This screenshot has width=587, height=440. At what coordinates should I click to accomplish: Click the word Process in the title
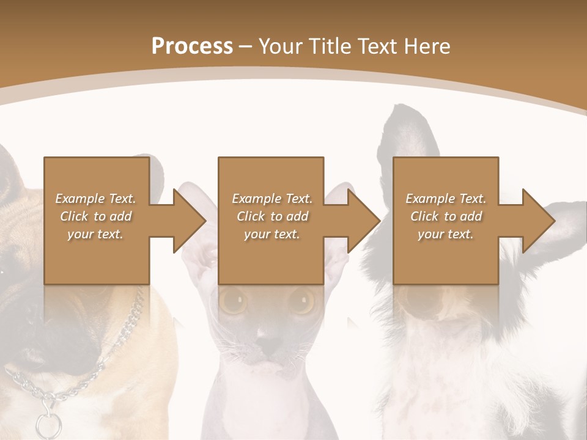tap(192, 46)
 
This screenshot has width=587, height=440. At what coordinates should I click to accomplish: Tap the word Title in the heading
tap(331, 46)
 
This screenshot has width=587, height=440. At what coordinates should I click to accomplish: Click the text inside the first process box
tap(95, 216)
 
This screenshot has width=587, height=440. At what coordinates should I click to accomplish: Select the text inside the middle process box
tap(272, 216)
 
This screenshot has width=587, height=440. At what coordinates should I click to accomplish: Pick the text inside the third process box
tap(446, 216)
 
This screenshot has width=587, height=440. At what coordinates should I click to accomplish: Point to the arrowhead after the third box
tap(538, 221)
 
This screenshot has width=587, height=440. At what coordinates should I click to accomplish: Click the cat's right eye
tap(301, 300)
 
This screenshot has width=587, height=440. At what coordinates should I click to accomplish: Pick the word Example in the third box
tap(429, 199)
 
